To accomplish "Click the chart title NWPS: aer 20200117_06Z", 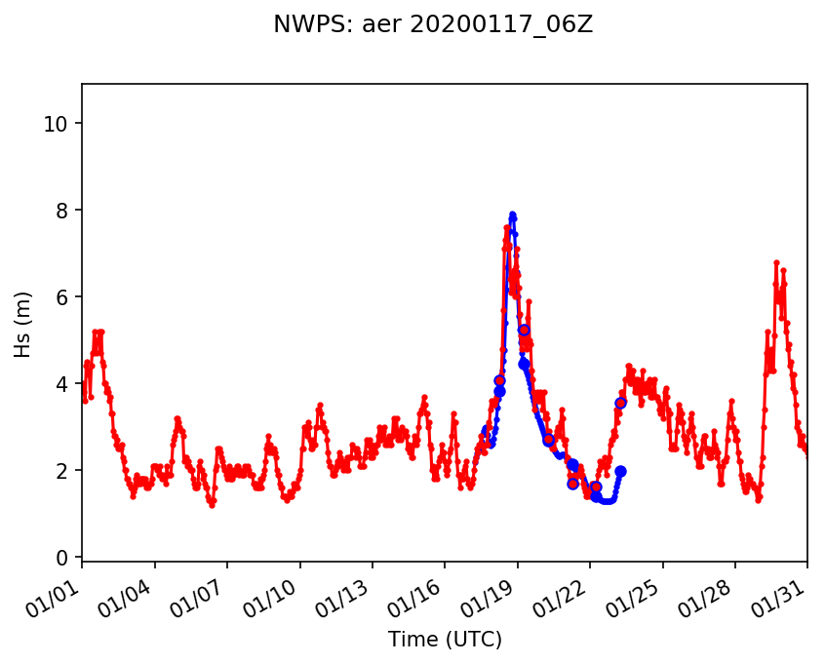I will (433, 25).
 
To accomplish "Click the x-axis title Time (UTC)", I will (445, 640).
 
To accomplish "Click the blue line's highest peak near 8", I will (512, 215).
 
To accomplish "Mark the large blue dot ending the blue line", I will (620, 471).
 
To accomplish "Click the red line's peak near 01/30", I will (776, 262).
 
